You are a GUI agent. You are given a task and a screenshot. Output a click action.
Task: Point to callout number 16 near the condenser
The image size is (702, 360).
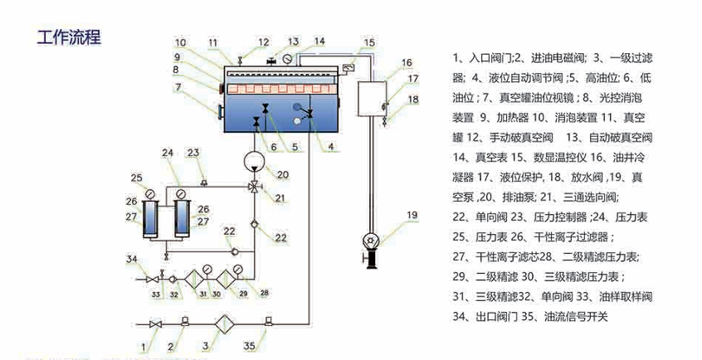click(x=407, y=63)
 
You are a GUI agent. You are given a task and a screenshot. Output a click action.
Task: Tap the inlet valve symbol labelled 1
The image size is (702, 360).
click(x=155, y=324)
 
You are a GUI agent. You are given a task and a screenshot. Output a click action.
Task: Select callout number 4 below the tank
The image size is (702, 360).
click(x=331, y=147)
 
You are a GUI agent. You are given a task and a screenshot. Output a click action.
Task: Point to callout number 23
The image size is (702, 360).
click(x=193, y=153)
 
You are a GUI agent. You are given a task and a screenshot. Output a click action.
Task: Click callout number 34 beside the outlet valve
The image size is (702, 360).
click(x=131, y=260)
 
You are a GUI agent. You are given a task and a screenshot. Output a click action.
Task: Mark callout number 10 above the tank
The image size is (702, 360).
click(x=181, y=41)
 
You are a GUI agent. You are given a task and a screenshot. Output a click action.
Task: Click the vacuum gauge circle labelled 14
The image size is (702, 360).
click(x=285, y=60)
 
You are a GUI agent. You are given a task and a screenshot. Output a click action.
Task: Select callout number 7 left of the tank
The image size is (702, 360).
click(x=178, y=86)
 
